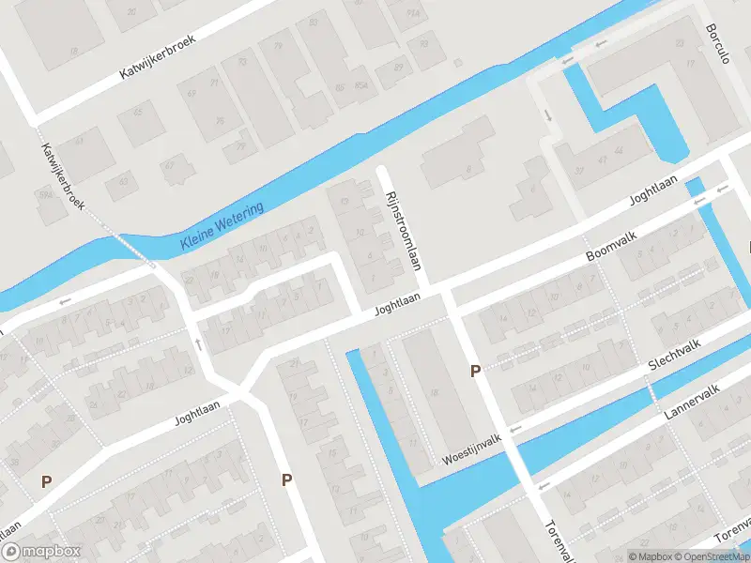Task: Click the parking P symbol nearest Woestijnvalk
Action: pyautogui.click(x=475, y=372)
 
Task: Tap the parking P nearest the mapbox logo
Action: pyautogui.click(x=46, y=480)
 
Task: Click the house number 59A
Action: pyautogui.click(x=42, y=195)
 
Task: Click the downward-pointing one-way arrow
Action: pyautogui.click(x=548, y=116)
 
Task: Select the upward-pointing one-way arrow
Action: pyautogui.click(x=198, y=343)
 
